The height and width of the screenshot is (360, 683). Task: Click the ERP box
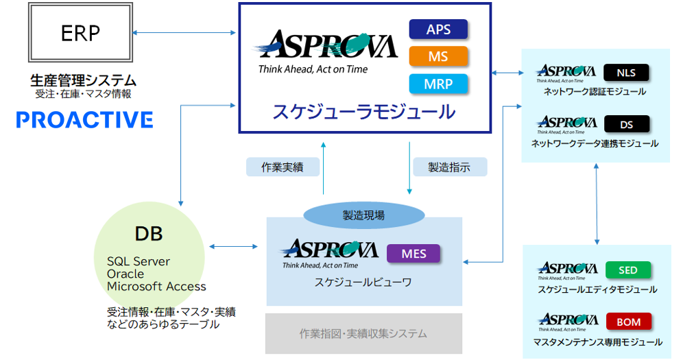coord(81,33)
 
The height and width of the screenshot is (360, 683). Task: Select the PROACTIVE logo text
coord(84,121)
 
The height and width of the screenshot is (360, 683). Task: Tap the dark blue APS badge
coord(438,29)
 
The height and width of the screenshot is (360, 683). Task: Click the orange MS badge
coord(438,56)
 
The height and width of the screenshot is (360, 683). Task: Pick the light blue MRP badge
coord(438,83)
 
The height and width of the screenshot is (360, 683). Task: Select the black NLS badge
coord(626,72)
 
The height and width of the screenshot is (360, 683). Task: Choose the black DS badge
coord(626,124)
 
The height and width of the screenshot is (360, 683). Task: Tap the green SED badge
coord(627,269)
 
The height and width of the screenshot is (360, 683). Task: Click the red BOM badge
coord(628,321)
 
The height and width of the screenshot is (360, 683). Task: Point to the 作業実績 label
coord(282,167)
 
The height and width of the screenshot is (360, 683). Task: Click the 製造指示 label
coord(449,167)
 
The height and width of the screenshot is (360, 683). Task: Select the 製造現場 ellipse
coord(363,215)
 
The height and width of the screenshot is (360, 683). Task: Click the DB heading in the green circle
coord(149,234)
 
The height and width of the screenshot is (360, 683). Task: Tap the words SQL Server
coord(139,261)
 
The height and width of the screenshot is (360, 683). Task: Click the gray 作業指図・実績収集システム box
coord(363,333)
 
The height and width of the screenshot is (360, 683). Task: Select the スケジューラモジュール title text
coord(363,112)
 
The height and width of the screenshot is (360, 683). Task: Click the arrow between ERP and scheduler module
coord(184,32)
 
